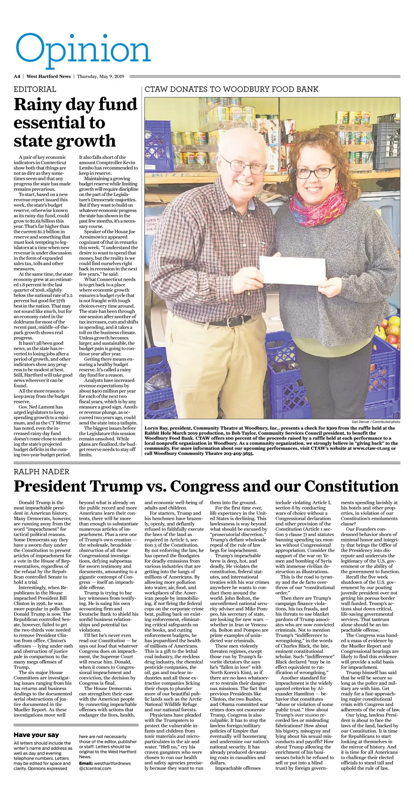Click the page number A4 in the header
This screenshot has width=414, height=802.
point(17,76)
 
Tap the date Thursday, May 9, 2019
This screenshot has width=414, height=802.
point(100,76)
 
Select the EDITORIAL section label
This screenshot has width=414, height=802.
point(35,89)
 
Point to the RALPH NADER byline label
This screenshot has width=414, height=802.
point(41,471)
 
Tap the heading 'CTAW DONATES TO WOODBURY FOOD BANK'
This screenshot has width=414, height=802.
point(231,89)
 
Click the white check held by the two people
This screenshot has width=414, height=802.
point(292,271)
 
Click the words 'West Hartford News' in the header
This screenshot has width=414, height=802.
point(49,76)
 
